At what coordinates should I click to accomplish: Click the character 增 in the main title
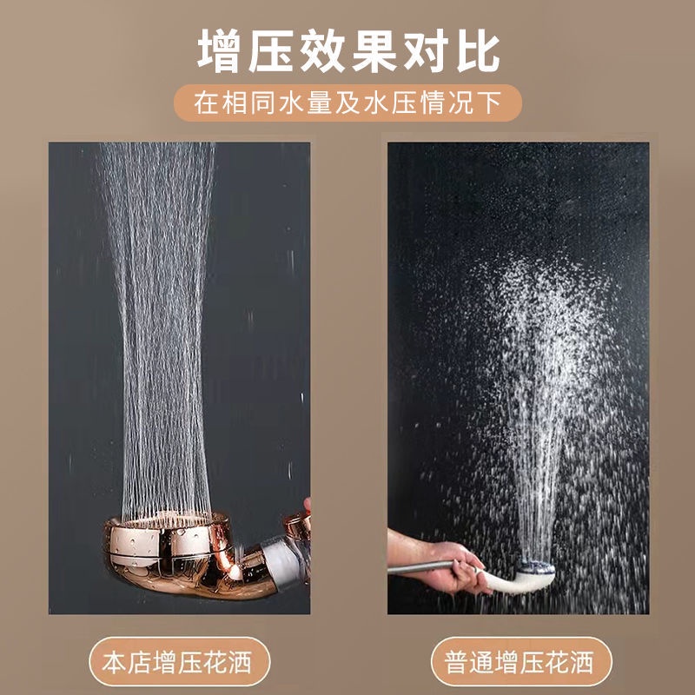[x=219, y=51]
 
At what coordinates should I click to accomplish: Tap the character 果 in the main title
[x=374, y=51]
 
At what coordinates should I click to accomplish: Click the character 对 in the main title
[x=427, y=51]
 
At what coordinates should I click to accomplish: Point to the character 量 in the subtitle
[x=319, y=103]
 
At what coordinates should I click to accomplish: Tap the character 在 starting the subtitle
[x=206, y=103]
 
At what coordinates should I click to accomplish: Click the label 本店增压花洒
[x=177, y=663]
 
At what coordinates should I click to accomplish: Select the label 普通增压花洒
[x=519, y=663]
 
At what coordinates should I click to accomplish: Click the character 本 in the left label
[x=115, y=663]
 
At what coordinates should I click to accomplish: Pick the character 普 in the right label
[x=457, y=663]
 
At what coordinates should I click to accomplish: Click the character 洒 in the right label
[x=582, y=663]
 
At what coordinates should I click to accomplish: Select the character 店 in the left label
[x=140, y=663]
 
